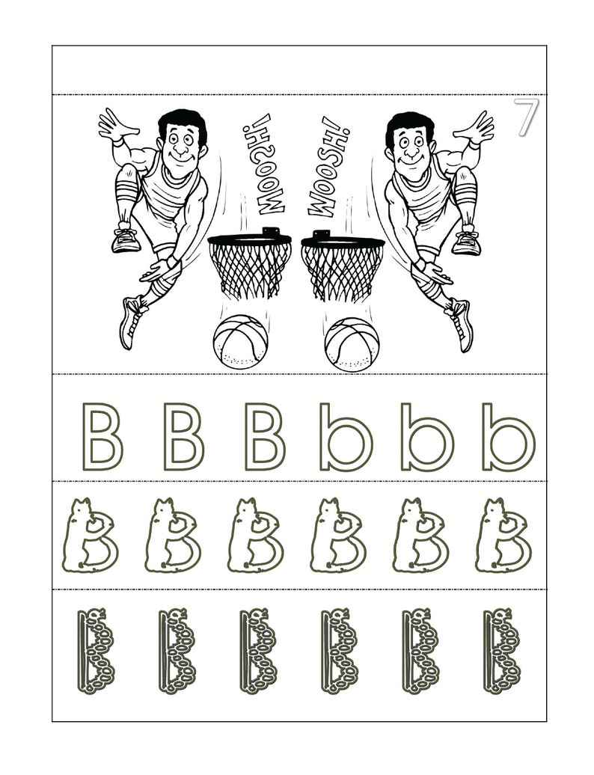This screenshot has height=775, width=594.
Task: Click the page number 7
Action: (526, 117)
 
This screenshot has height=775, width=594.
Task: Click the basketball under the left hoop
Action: (240, 343)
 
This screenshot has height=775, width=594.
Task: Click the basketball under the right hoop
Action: (352, 343)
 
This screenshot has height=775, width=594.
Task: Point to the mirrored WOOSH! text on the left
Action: (257, 161)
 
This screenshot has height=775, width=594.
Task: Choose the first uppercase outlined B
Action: (102, 436)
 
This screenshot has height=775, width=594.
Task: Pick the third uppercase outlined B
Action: (266, 436)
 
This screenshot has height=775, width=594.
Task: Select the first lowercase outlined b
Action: (346, 436)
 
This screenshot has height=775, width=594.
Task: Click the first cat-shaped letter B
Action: (90, 536)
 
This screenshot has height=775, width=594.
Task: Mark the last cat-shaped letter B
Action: (502, 536)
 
